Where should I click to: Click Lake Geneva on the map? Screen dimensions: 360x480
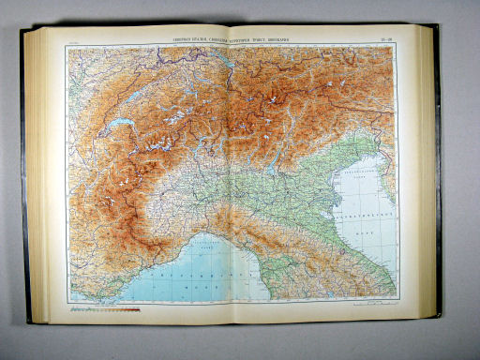[120, 125]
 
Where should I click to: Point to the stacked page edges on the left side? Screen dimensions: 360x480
[38, 178]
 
